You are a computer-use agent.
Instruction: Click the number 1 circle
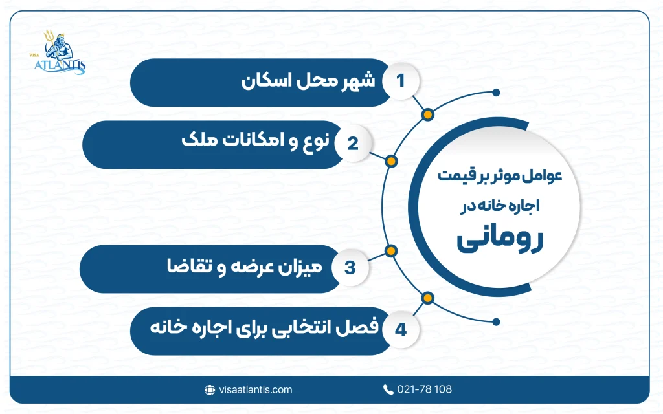point(400,82)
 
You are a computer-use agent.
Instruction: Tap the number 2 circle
point(352,144)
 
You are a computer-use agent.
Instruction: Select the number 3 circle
point(350,267)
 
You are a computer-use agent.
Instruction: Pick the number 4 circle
point(400,330)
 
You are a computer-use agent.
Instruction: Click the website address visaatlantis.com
point(256,389)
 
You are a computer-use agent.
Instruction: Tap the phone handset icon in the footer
point(388,389)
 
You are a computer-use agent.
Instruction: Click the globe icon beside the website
point(210,389)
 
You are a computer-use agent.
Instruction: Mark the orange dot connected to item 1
point(427,115)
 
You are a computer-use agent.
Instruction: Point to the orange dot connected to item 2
point(390,161)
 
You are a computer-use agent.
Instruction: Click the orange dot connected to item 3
point(390,250)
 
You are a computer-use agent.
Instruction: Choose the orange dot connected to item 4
point(427,298)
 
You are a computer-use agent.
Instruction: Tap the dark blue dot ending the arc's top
point(497,93)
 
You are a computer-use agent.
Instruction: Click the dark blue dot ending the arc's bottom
point(497,320)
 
